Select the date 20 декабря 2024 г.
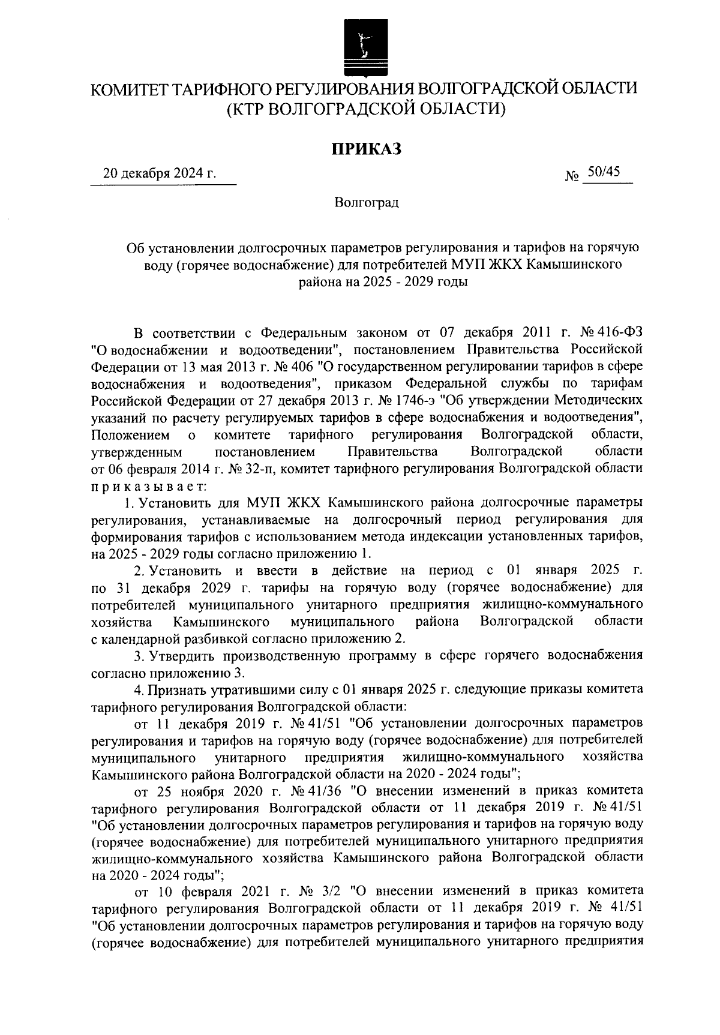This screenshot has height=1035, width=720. pos(160,174)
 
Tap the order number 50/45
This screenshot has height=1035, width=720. pos(604,172)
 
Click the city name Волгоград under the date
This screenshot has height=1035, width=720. pos(367,203)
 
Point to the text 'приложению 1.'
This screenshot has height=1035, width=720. pos(341,552)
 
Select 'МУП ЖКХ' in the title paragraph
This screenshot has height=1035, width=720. pos(478,264)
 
